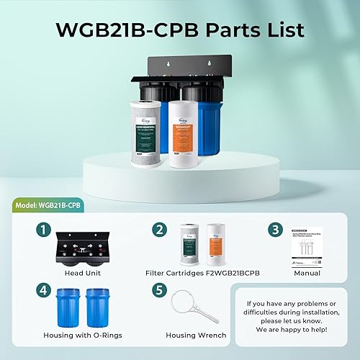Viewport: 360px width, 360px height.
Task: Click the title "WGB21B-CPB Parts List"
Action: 180,30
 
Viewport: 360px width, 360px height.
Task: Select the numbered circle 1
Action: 44,231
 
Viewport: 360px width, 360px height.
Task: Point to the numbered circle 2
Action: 160,231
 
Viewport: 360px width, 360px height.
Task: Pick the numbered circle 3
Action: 274,231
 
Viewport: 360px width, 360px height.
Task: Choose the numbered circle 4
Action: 44,292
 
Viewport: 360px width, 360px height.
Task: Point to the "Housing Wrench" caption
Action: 195,336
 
